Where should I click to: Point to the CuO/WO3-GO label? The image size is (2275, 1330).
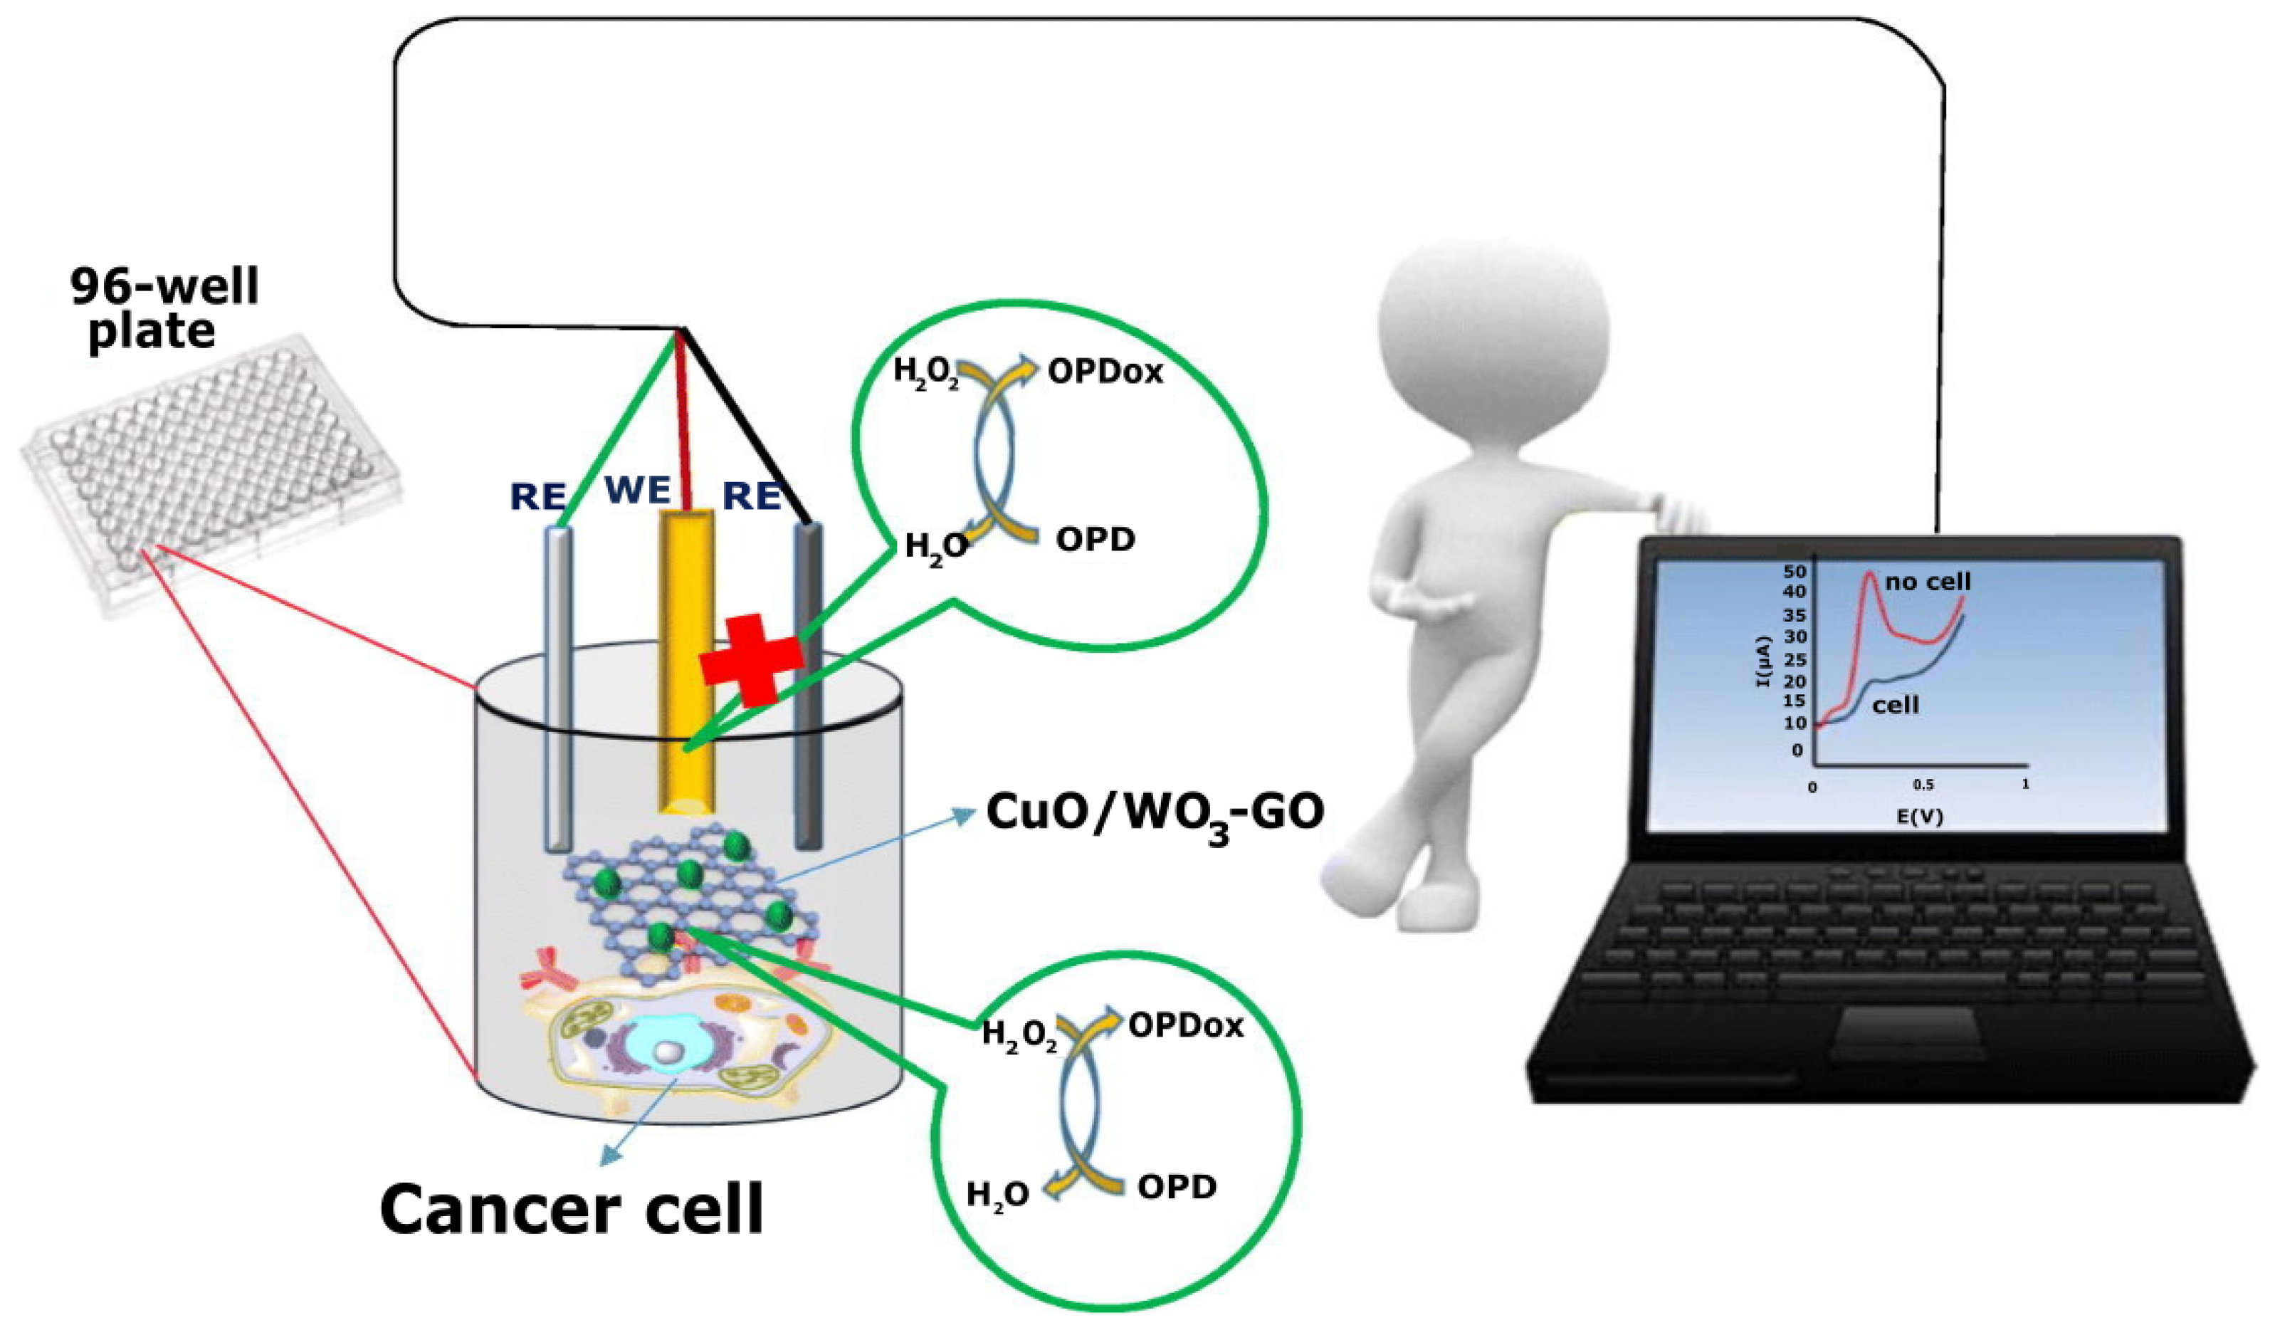(1155, 812)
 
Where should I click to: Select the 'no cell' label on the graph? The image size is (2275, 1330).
(1928, 582)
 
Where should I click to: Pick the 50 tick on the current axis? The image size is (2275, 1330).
(1795, 572)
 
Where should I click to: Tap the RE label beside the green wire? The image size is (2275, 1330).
(538, 496)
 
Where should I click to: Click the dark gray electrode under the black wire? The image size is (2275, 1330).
(807, 686)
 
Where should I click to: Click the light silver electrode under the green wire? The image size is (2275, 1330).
(558, 686)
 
